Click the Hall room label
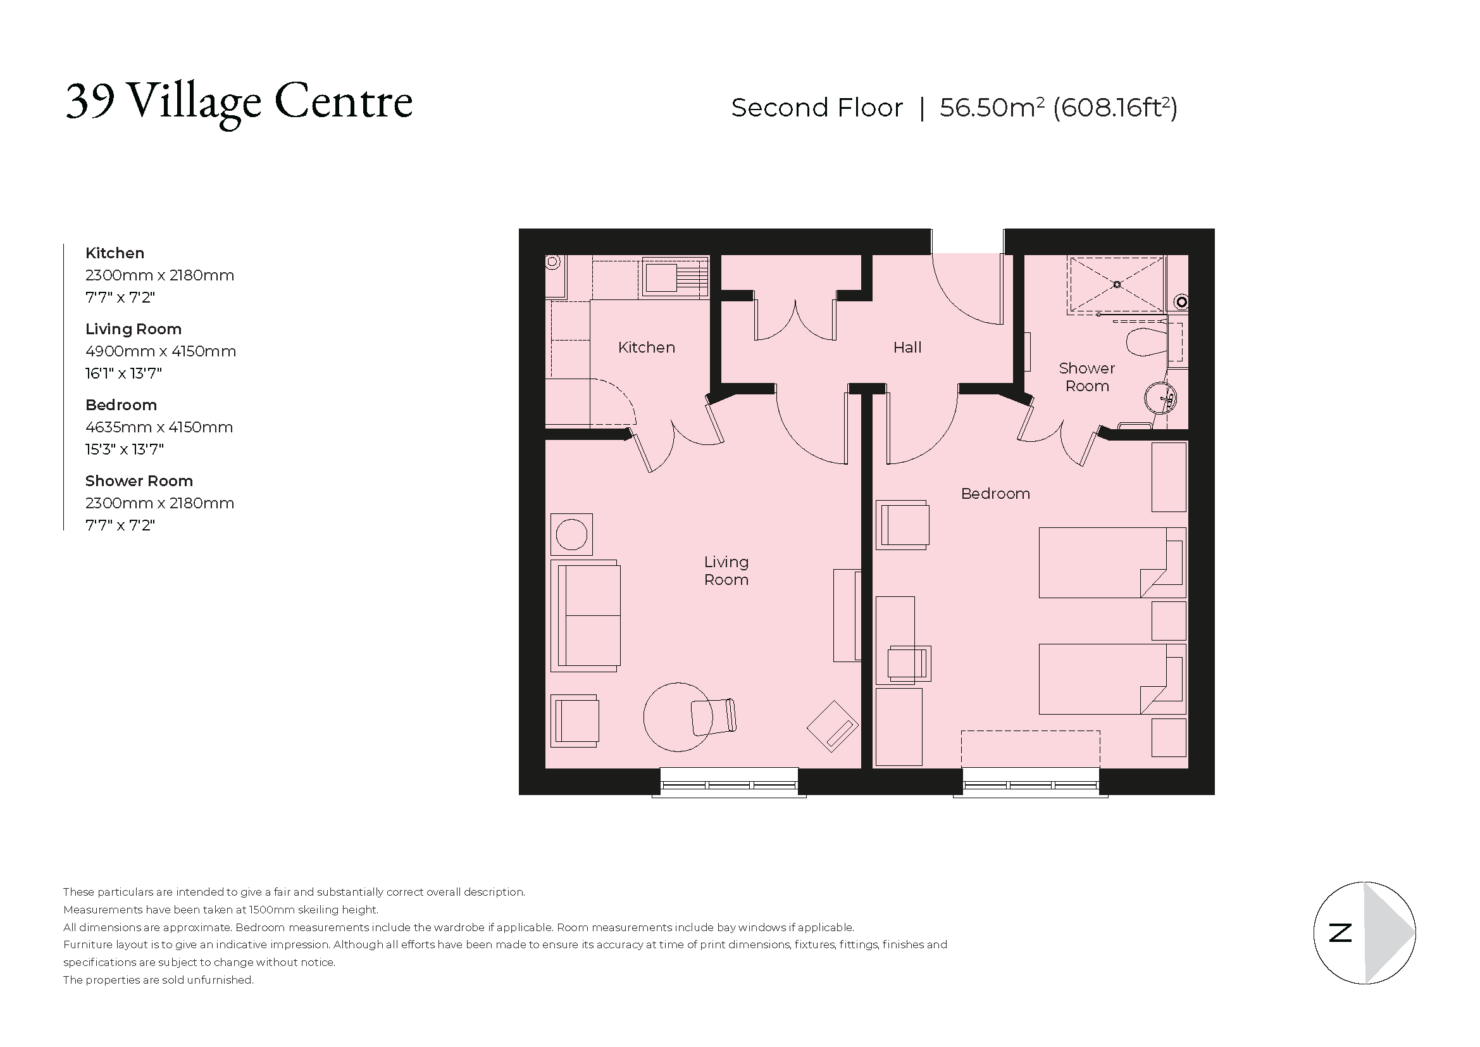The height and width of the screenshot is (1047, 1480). pyautogui.click(x=907, y=348)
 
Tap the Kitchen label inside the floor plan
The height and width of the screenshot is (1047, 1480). pyautogui.click(x=647, y=348)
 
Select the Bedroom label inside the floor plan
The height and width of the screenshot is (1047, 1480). pyautogui.click(x=995, y=494)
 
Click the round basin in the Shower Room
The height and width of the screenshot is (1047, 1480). pyautogui.click(x=1160, y=398)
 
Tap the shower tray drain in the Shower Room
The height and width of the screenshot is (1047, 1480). pyautogui.click(x=1116, y=284)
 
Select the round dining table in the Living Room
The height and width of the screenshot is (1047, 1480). pyautogui.click(x=677, y=717)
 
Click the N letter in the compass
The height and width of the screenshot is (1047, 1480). pyautogui.click(x=1340, y=933)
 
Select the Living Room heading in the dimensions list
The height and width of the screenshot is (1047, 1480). pyautogui.click(x=134, y=329)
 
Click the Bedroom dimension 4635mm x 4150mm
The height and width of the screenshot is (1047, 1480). pyautogui.click(x=159, y=427)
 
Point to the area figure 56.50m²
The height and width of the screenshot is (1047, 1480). pyautogui.click(x=992, y=108)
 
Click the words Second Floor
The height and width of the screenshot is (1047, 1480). pyautogui.click(x=817, y=108)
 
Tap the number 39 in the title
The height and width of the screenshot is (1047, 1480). pyautogui.click(x=91, y=101)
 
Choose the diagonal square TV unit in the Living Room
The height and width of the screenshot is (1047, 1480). pyautogui.click(x=832, y=726)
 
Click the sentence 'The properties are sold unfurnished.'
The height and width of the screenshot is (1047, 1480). pyautogui.click(x=158, y=980)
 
